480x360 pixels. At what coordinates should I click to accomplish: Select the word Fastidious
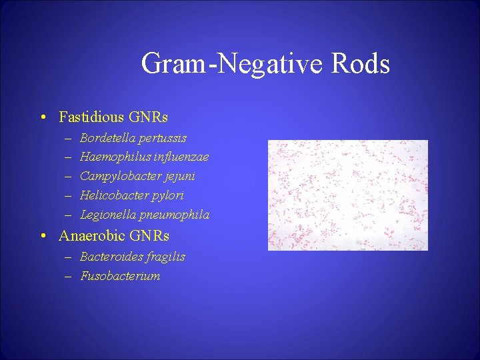pyautogui.click(x=91, y=117)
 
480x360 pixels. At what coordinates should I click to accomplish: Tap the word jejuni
pyautogui.click(x=178, y=177)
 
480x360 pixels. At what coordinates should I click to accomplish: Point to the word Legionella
pyautogui.click(x=109, y=215)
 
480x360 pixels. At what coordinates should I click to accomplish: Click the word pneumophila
pyautogui.click(x=175, y=215)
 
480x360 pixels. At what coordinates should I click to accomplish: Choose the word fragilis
pyautogui.click(x=165, y=257)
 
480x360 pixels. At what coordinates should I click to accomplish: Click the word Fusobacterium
pyautogui.click(x=120, y=276)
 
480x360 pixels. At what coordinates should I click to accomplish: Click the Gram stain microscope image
pyautogui.click(x=347, y=195)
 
